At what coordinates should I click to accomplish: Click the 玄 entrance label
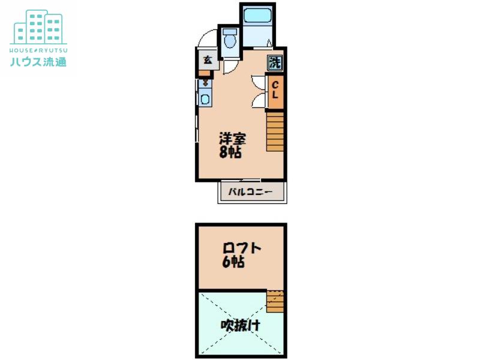[x=208, y=60]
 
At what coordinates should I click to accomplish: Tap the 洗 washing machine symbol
[x=275, y=63]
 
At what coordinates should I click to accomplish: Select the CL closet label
[x=275, y=90]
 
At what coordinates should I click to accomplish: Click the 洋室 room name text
[x=233, y=139]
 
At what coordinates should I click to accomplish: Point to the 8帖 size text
[x=230, y=152]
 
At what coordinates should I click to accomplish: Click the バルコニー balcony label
[x=250, y=192]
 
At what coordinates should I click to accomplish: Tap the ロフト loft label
[x=242, y=248]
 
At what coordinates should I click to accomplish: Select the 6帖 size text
[x=233, y=262]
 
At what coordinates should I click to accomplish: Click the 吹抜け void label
[x=241, y=325]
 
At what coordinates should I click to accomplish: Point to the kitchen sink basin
[x=205, y=99]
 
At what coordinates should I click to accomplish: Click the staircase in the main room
[x=275, y=131]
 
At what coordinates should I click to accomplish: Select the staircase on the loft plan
[x=275, y=301]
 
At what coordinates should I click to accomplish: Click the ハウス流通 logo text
[x=38, y=62]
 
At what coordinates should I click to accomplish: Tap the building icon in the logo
[x=38, y=27]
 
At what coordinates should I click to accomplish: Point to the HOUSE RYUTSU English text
[x=38, y=50]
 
